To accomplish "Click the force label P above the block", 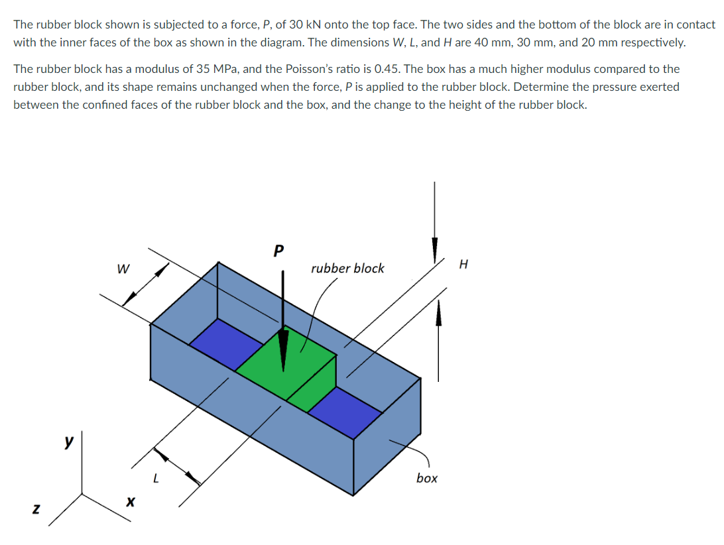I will point(278,251).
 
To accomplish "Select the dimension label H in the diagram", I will point(463,265).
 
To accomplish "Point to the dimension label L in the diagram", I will point(155,476).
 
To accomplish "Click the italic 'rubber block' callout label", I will point(347,269).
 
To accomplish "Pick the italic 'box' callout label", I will point(427,478).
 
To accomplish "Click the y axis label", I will point(68,442).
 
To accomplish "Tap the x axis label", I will point(131,505).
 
